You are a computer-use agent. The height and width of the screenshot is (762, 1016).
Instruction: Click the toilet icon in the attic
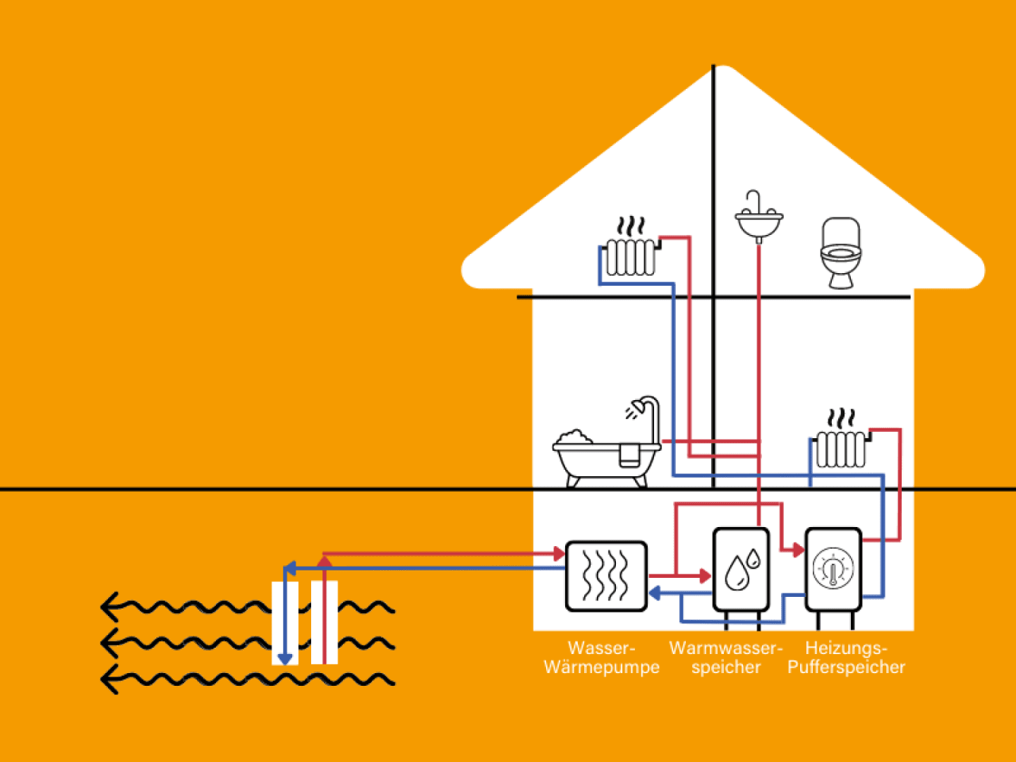point(841,253)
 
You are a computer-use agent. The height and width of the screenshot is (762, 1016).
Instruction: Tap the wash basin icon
point(758,220)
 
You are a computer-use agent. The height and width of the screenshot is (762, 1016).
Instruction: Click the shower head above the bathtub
point(639,408)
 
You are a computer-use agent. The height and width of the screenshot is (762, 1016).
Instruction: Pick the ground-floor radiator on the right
point(840,449)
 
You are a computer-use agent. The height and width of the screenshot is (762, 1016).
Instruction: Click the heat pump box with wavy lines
point(606,576)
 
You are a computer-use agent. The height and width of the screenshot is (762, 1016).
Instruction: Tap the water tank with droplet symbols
point(741,569)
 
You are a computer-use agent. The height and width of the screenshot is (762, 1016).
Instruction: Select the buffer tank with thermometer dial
point(833,569)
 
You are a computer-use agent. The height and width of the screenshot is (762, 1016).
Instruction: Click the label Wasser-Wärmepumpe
point(602,658)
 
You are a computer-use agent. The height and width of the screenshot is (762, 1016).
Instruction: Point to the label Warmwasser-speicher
point(726,658)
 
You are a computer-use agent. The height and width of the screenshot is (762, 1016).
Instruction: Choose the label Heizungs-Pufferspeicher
point(846,658)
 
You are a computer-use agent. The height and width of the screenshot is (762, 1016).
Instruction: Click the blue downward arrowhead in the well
point(285,659)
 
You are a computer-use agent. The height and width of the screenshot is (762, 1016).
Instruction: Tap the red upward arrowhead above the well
point(324,562)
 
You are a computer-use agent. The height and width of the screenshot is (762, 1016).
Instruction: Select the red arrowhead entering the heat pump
point(560,552)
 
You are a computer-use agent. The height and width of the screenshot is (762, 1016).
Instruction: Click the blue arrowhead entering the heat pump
point(654,593)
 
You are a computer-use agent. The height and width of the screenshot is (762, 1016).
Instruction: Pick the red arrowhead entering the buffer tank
point(798,549)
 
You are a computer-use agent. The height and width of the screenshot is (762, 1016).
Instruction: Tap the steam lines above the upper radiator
point(631,226)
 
